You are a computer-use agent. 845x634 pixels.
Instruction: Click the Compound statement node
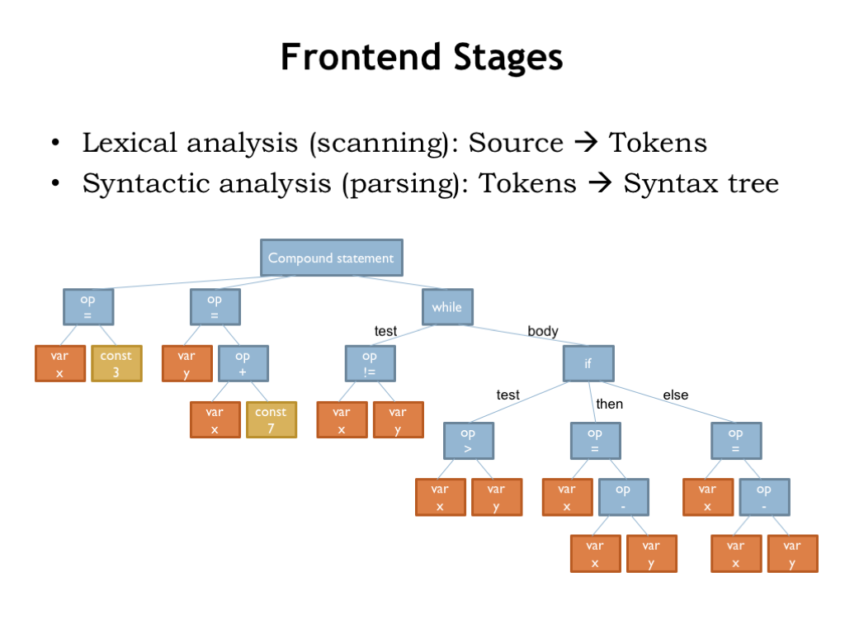tap(332, 258)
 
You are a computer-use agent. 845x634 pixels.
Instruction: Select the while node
tap(447, 307)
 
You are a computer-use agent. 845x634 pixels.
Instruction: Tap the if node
tap(588, 363)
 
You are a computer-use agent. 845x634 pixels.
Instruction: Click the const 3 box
tap(116, 363)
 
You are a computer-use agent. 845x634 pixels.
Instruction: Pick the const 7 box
tap(271, 419)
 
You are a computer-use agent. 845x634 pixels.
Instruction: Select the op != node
tap(370, 363)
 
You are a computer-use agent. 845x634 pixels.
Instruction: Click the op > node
tap(468, 441)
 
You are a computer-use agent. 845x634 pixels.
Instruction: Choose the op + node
tap(243, 363)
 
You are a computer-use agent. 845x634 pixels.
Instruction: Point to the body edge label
tap(543, 331)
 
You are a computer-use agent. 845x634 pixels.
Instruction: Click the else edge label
tap(675, 395)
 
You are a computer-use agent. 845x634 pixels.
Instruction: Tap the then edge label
tap(609, 404)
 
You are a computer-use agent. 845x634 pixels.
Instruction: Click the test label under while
tap(385, 331)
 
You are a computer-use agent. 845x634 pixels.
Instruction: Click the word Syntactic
tap(140, 182)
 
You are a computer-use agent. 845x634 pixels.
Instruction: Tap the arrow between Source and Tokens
tap(586, 144)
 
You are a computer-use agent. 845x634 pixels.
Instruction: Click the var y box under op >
tap(496, 497)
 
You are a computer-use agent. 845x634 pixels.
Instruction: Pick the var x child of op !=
tap(341, 419)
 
